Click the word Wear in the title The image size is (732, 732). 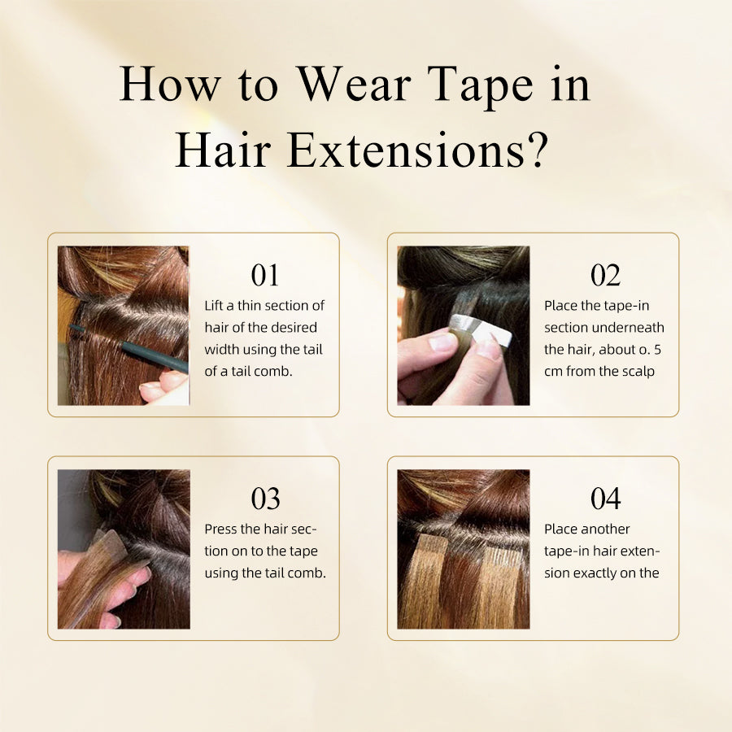[x=355, y=84]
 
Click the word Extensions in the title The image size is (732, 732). [x=406, y=150]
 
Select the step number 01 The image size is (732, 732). [x=264, y=275]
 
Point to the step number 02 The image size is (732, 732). [x=605, y=275]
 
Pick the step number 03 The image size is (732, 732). [x=265, y=499]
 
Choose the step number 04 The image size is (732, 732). [x=605, y=499]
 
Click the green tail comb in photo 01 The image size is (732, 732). [x=129, y=348]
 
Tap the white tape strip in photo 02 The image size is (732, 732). [x=478, y=329]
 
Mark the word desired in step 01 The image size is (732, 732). [x=295, y=327]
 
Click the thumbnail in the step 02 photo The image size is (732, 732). [x=441, y=342]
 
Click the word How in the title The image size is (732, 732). [x=171, y=84]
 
